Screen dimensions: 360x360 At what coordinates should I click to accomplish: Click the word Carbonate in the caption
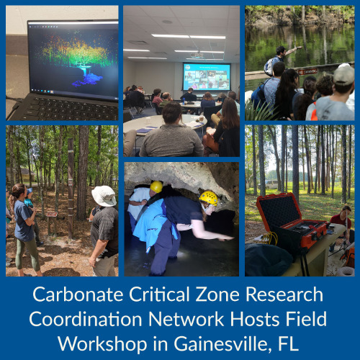78,294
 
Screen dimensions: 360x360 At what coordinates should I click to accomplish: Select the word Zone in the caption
217,294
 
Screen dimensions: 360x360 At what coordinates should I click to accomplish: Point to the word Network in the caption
186,319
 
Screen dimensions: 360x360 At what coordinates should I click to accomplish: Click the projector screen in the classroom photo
207,76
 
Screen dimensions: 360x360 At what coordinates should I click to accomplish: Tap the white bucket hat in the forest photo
104,196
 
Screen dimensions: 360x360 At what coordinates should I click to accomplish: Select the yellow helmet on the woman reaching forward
209,198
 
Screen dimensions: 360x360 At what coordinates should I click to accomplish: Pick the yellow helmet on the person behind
156,186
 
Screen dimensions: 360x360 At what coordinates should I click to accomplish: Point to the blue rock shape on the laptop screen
88,80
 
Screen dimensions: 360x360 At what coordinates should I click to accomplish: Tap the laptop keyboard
72,109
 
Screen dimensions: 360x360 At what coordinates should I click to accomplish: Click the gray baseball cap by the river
344,74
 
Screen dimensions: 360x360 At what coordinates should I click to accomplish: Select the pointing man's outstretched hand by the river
299,48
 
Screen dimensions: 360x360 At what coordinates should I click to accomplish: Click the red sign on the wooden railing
307,71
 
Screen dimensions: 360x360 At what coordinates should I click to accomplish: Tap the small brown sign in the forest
52,215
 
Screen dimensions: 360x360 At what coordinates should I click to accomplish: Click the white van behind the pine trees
271,184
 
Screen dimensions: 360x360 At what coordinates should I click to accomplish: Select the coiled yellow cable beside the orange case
271,238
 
